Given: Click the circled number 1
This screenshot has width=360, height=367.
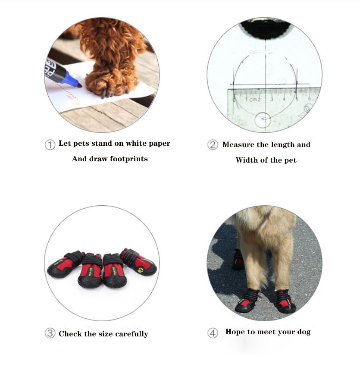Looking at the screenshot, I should coord(50,144).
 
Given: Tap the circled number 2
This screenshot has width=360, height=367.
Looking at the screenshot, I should coord(213,145).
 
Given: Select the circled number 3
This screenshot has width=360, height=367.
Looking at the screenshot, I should coord(50,334).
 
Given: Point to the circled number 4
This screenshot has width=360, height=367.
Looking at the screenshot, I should coord(213,333).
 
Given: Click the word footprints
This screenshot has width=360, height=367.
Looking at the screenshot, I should coord(128,159).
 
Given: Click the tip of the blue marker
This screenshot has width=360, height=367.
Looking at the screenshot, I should coord(80,85).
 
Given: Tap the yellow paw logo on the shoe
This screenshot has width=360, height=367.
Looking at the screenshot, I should coord(141,270).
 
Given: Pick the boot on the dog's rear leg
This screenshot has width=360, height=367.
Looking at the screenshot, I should coord(238,260).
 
